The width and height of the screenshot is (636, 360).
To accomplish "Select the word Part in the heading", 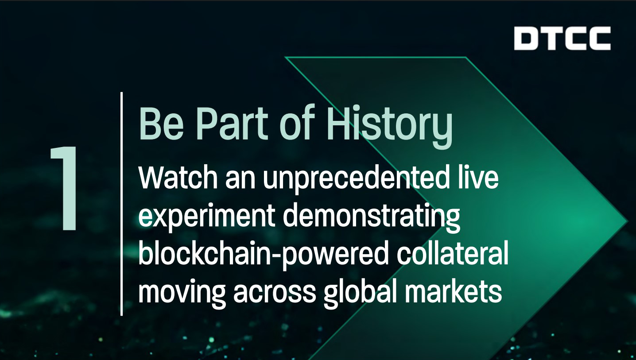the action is [232, 123].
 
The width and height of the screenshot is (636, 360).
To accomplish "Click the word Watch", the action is [178, 178].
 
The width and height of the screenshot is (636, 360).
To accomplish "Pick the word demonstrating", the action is [371, 217].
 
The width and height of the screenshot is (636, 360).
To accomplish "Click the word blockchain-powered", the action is [263, 254].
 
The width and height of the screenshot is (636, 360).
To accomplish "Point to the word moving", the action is [182, 293].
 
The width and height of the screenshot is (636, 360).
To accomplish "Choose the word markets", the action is [454, 291].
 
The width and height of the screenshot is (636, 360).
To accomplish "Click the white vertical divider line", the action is [121, 204].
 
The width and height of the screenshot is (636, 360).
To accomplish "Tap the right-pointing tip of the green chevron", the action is [627, 222].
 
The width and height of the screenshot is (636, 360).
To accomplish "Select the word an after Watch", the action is [240, 180].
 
